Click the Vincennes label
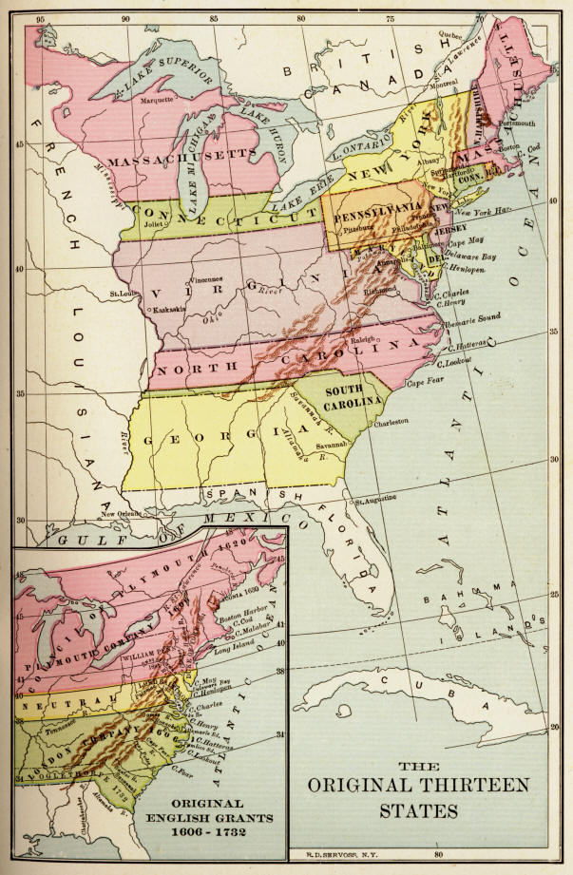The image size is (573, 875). (215, 281)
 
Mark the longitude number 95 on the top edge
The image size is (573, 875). (39, 17)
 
